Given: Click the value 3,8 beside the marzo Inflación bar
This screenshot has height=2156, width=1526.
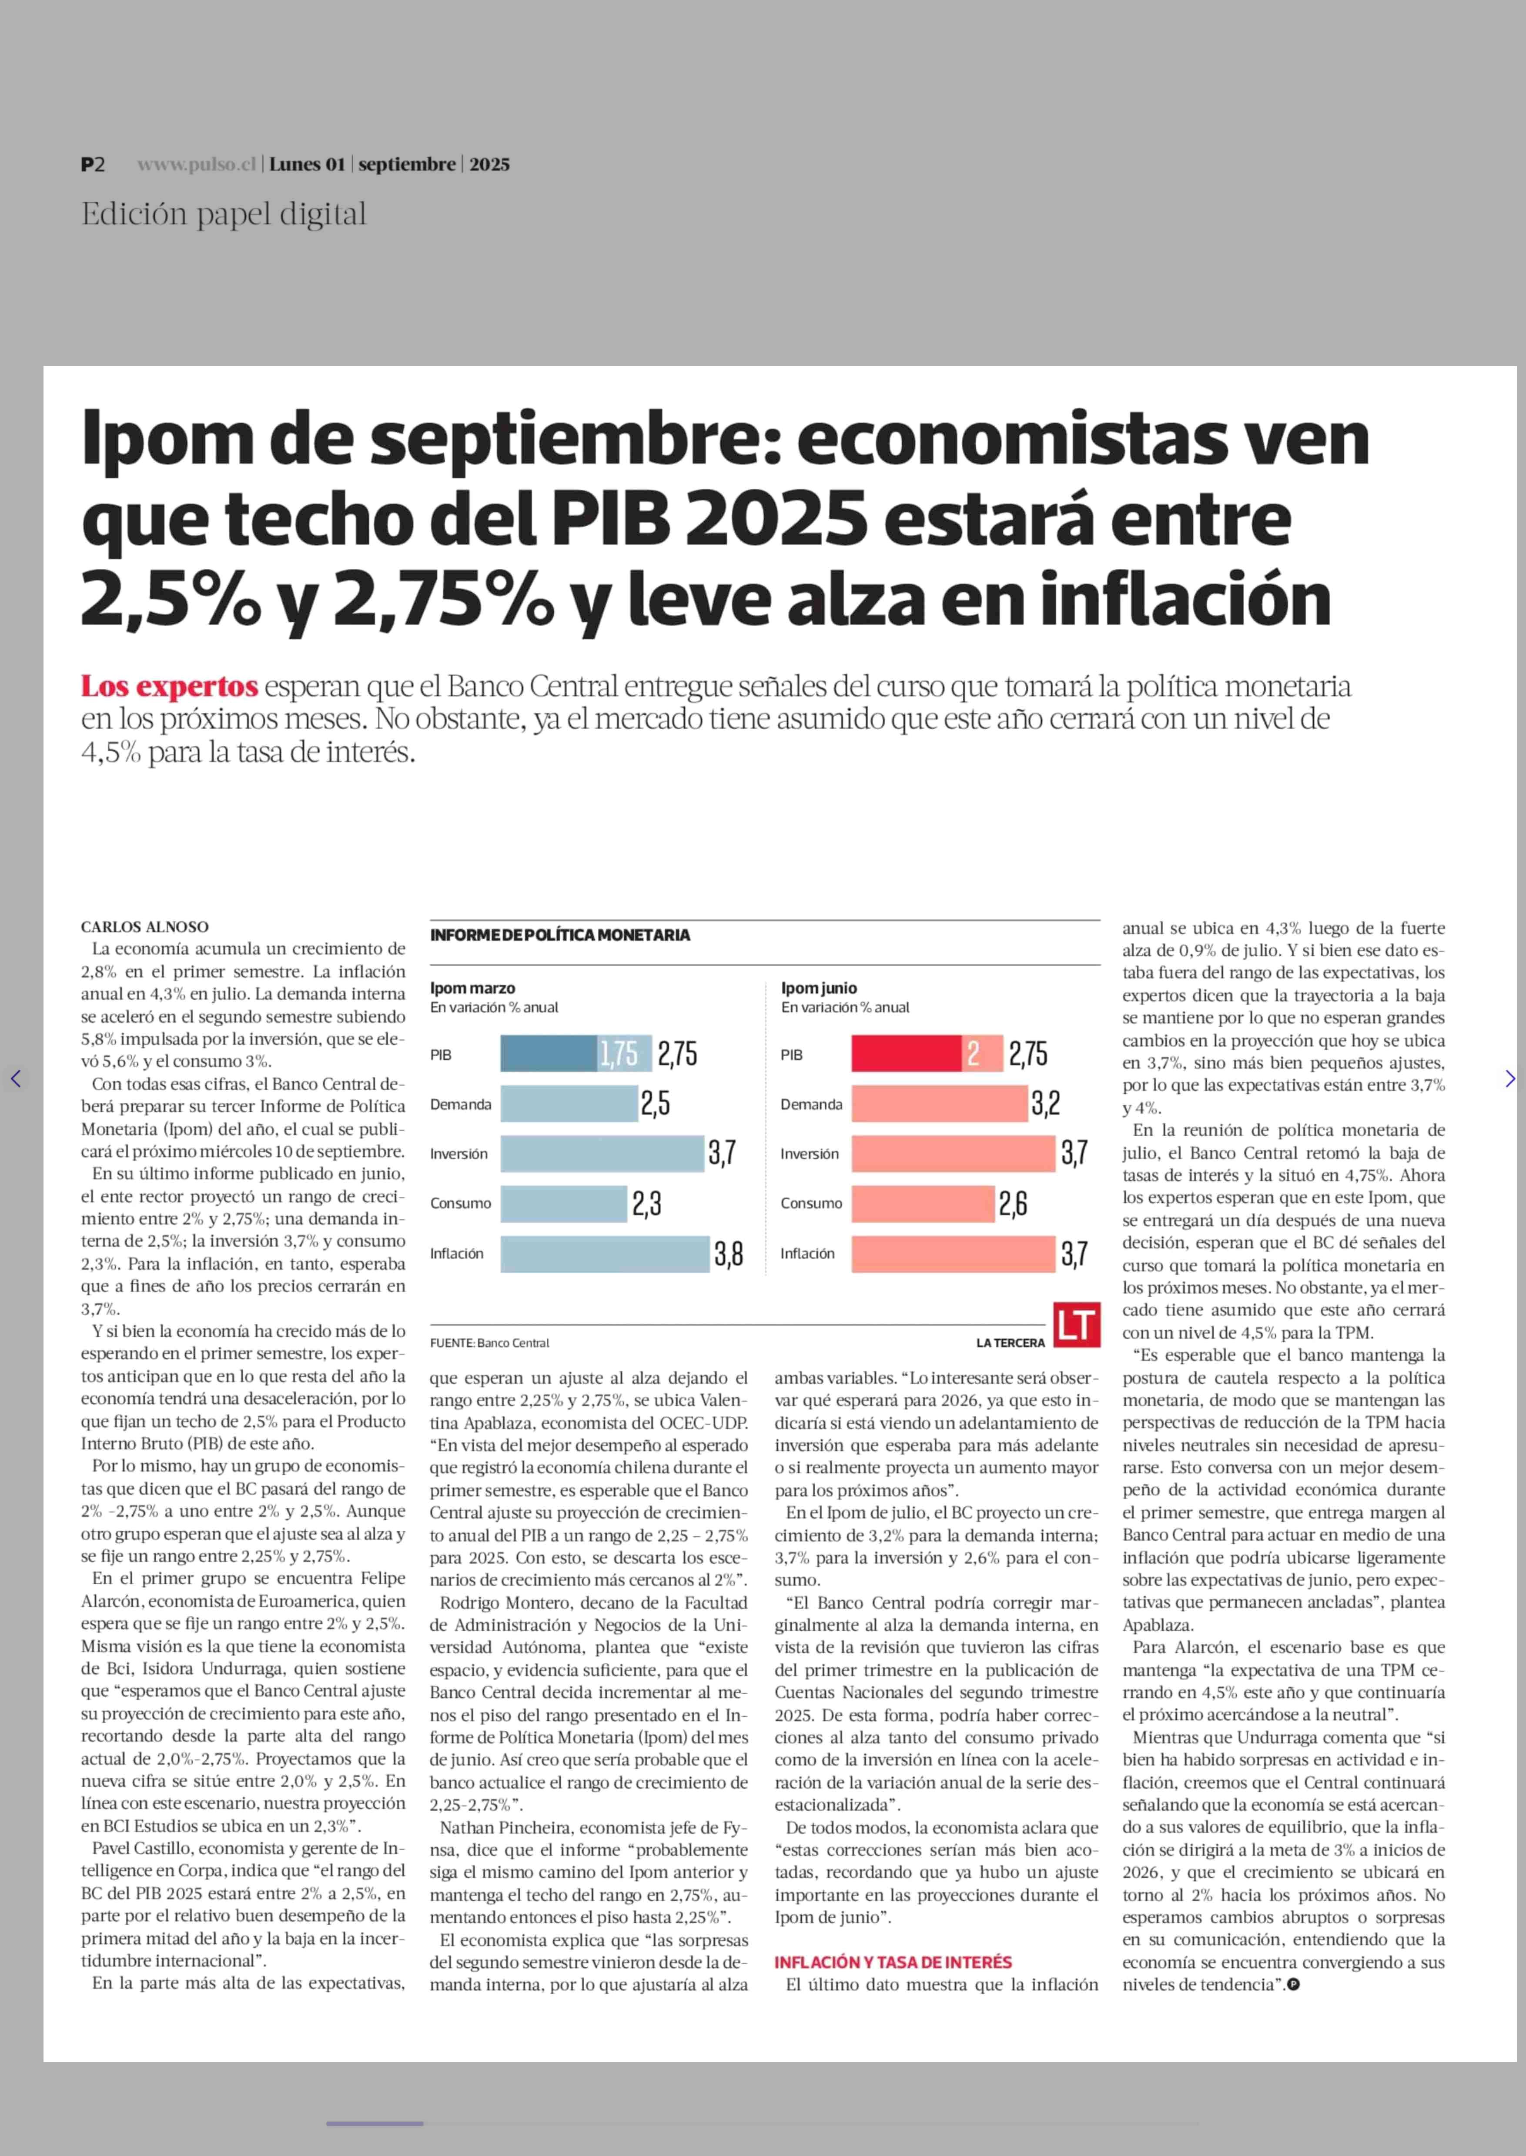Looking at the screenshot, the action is click(728, 1253).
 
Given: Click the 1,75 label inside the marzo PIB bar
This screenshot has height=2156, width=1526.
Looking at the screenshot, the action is click(619, 1054).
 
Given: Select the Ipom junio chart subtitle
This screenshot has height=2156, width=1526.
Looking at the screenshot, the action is click(845, 1007).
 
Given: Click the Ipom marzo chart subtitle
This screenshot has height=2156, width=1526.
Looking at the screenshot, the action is click(494, 1007).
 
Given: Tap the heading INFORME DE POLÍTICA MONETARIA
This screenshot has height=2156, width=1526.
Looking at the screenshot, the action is click(560, 935).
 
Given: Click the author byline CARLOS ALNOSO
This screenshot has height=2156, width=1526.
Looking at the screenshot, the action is click(145, 926).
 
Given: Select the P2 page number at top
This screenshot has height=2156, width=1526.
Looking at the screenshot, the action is click(92, 164).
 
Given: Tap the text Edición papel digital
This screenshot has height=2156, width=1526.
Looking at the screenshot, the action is click(224, 214).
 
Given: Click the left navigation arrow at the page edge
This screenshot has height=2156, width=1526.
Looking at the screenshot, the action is click(15, 1078).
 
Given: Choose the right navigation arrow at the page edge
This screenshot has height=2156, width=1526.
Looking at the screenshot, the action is click(1510, 1078).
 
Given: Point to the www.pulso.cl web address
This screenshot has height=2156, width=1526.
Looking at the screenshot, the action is click(196, 164).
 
